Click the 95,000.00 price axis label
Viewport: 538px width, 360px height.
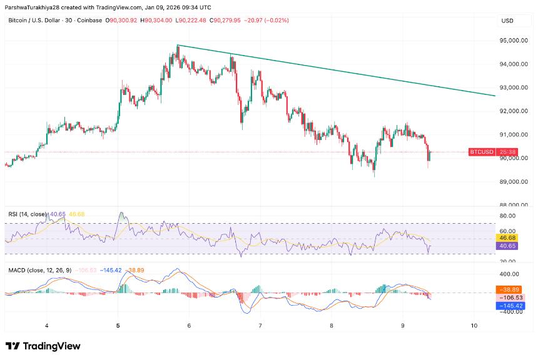[512, 41]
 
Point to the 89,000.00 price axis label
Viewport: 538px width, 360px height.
[512, 182]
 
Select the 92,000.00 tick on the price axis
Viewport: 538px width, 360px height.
[512, 111]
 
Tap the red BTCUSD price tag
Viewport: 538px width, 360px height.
[482, 152]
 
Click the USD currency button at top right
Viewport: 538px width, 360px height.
[507, 21]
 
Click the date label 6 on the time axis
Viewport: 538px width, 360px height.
[189, 326]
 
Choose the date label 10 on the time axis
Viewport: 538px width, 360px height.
[474, 326]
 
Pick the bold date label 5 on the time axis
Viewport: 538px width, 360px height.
[118, 326]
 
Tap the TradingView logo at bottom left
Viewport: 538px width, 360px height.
[43, 346]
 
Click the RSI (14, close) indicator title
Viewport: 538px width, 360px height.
[27, 214]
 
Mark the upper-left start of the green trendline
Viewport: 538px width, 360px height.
[178, 46]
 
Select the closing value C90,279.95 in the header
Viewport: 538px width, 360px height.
[228, 21]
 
